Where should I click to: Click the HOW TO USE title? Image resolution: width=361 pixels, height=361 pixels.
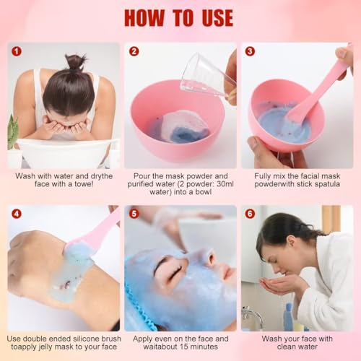tap(179, 17)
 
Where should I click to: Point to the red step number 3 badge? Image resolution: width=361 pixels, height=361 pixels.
tap(250, 51)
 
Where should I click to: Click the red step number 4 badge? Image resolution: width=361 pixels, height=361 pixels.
tap(16, 214)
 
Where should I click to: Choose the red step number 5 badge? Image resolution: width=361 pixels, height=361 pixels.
tap(133, 214)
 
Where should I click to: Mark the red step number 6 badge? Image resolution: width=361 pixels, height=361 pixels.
tap(250, 214)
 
